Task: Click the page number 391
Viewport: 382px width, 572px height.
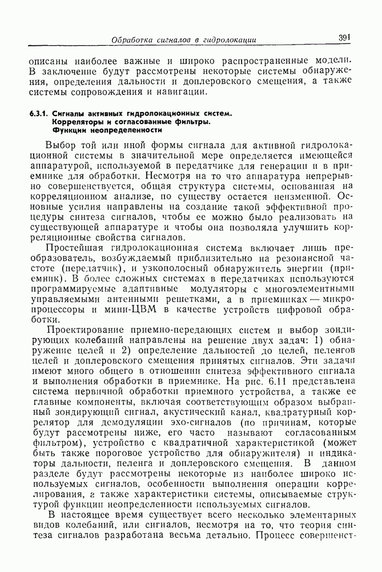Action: (344, 38)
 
